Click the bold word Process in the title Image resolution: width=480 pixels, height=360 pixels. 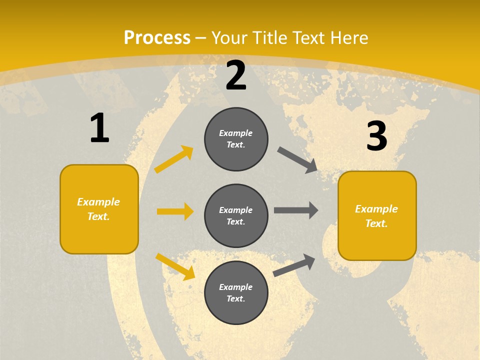click(x=157, y=38)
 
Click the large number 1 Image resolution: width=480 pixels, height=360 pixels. click(x=99, y=128)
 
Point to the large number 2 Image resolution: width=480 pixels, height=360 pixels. click(x=236, y=75)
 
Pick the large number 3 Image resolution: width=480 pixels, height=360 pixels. click(x=377, y=136)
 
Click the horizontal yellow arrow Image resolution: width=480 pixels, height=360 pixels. click(x=175, y=211)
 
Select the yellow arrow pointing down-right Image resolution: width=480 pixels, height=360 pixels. click(x=175, y=266)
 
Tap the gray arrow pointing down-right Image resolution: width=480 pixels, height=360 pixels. click(x=297, y=160)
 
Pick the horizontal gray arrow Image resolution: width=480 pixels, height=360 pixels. click(x=296, y=210)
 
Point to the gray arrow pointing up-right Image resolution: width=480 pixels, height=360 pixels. click(x=294, y=265)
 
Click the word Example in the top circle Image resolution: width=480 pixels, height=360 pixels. click(x=236, y=133)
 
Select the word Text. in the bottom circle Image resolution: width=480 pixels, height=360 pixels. click(x=236, y=298)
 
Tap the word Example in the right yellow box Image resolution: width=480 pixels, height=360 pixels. click(x=376, y=209)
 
